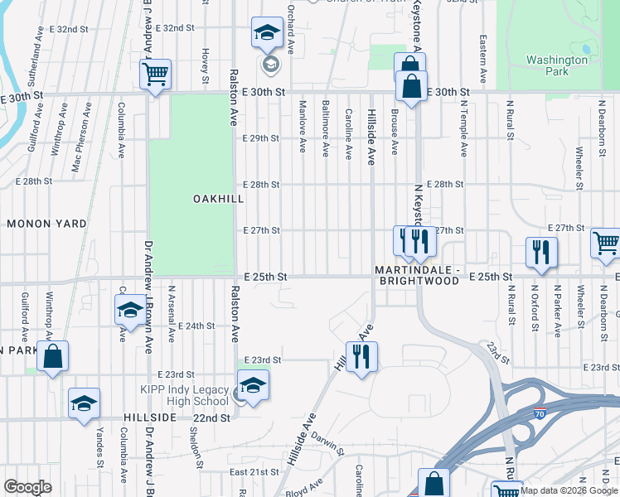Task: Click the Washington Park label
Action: (x=556, y=65)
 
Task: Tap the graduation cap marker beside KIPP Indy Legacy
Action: (x=253, y=384)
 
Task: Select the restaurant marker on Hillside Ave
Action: (x=361, y=357)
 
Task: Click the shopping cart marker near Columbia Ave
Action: (x=155, y=75)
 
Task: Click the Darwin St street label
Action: (x=327, y=445)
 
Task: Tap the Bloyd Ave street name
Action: (x=303, y=490)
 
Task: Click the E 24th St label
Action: (x=196, y=326)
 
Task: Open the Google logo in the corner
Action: (x=28, y=487)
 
